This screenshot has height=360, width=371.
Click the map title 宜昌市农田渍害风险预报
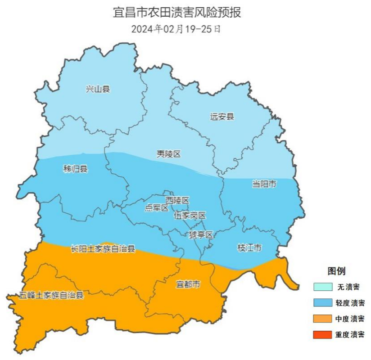coord(177,12)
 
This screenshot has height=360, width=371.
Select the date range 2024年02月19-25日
coord(176,29)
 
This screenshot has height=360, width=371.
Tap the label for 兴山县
coord(98,89)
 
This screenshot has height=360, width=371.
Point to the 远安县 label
coord(222,117)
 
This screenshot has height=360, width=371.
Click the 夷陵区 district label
coord(168,154)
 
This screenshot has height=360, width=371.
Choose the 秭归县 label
coord(75,169)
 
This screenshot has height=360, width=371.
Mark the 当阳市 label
coord(264,184)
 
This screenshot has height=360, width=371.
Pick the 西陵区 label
coord(177,200)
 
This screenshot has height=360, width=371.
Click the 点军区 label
coord(156,208)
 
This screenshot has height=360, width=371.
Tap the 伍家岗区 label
coord(190,216)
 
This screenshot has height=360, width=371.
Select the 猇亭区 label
coord(200,234)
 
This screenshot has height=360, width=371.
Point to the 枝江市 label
coord(249,247)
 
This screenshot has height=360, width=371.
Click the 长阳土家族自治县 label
coord(103,249)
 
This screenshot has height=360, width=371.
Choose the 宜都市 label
coord(188,284)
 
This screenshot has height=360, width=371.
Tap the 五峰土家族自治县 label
coord(45,296)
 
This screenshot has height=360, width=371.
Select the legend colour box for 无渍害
coord(323,287)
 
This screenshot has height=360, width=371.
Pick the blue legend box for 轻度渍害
coord(323,303)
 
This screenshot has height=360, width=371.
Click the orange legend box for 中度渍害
coord(323,319)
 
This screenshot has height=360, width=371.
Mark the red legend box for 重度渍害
coord(323,334)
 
